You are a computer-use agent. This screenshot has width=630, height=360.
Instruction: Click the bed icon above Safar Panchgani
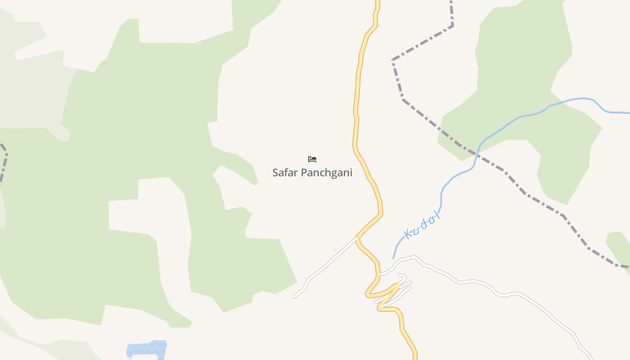coord(312,159)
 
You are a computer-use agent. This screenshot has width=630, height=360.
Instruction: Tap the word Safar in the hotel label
coord(285,172)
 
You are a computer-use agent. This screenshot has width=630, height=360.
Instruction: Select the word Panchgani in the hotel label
coord(326,173)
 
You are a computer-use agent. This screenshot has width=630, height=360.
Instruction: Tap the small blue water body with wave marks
coord(147,349)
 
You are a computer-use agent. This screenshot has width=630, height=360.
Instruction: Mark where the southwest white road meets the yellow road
coord(357,237)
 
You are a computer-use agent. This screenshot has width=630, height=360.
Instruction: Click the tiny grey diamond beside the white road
coord(334,249)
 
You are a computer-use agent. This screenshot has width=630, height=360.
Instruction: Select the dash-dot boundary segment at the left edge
coord(4,162)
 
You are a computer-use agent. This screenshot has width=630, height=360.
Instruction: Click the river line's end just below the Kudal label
coord(394,258)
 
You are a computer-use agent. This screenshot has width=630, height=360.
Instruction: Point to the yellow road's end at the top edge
coord(378,2)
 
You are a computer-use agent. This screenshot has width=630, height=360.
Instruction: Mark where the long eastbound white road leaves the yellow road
coord(380,273)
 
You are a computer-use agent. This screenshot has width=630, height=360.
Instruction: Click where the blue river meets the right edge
coord(628,112)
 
